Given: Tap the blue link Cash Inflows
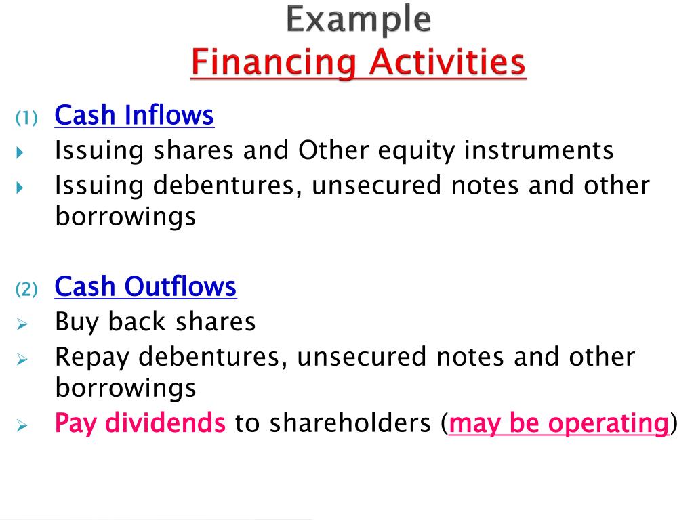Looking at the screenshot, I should point(134,116).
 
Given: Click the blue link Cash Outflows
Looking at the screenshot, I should point(145,287).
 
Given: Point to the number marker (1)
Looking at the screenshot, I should point(28,118).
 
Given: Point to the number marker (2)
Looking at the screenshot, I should point(28,290).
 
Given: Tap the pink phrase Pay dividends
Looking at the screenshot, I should point(140,424).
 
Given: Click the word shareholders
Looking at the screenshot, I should point(350,424).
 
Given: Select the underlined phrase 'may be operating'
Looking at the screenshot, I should point(559,424).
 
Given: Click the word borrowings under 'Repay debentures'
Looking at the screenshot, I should point(125,389).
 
